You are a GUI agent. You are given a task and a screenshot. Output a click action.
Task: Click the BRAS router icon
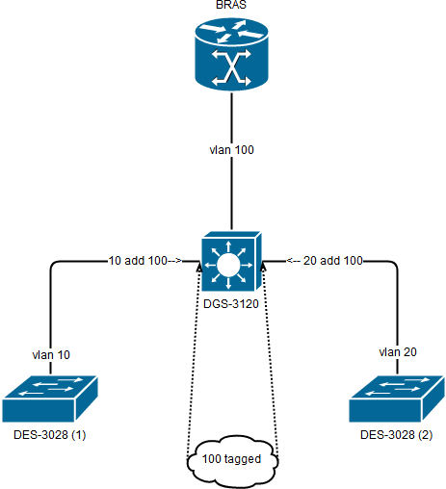[x=231, y=55]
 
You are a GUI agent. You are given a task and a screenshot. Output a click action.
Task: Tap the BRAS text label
[x=231, y=5]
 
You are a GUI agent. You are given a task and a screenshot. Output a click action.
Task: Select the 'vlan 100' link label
[x=231, y=150]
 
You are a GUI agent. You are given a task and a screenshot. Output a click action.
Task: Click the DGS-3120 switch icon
[x=231, y=261]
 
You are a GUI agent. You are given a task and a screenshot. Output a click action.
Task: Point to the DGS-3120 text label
[x=231, y=304]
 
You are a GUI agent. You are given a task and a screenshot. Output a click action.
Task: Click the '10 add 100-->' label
[x=145, y=261]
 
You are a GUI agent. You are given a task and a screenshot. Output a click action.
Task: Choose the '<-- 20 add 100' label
[x=325, y=261]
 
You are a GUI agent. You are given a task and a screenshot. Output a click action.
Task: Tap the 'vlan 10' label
[x=51, y=355]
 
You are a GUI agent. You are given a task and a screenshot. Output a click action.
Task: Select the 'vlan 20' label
[x=398, y=352]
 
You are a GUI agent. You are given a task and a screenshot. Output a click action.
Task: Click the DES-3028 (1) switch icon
[x=50, y=399]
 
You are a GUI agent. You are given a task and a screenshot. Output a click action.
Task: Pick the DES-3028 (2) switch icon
[x=397, y=399]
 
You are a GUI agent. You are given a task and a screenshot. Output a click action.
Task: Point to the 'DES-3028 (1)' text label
[x=50, y=435]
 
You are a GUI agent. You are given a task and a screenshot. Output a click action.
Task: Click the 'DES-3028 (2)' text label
[x=397, y=435]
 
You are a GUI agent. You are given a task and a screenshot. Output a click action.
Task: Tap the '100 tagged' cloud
[x=232, y=461]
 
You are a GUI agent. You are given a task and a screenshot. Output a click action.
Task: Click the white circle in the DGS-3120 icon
[x=228, y=265]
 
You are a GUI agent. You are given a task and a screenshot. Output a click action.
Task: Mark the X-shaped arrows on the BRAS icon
[x=231, y=68]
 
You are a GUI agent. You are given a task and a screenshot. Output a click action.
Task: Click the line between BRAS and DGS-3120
[x=231, y=162]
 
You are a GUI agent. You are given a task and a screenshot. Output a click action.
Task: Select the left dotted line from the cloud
[x=194, y=359]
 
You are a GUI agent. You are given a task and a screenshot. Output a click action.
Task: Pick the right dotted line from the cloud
[x=271, y=359]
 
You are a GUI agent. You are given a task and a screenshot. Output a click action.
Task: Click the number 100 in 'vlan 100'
[x=245, y=150]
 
